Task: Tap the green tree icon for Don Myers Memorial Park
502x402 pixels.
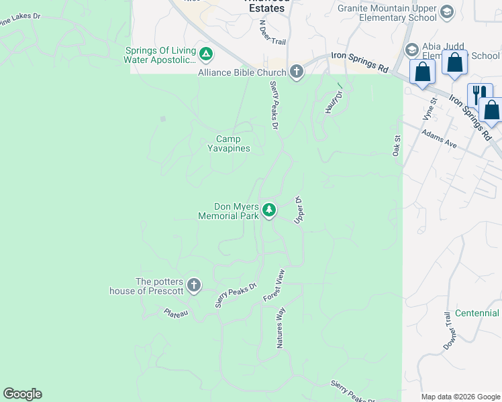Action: click(269, 211)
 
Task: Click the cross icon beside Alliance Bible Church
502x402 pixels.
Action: click(297, 72)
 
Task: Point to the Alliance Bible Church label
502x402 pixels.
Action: click(244, 72)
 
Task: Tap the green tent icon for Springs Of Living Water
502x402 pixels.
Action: click(206, 54)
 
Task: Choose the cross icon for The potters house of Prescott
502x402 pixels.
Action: click(194, 286)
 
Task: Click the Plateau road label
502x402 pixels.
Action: click(177, 312)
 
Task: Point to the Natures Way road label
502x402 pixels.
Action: click(282, 328)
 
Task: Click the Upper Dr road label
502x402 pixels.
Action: click(299, 210)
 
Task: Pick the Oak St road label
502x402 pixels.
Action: click(397, 145)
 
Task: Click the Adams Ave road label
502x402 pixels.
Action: click(440, 139)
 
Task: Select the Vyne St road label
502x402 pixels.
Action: click(430, 109)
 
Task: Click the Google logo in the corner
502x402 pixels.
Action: click(22, 394)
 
